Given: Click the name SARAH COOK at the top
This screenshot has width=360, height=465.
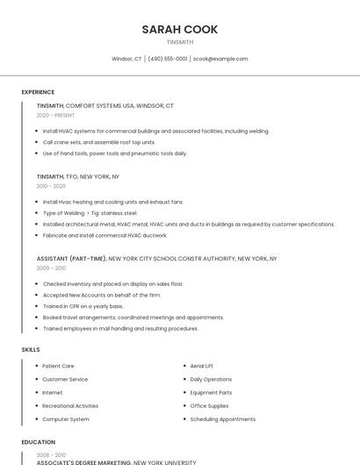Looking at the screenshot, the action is [x=180, y=29].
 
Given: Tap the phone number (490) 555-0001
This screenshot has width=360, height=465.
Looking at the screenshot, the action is [x=168, y=59].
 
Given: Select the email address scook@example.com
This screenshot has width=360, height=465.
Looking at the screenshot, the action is [x=220, y=59].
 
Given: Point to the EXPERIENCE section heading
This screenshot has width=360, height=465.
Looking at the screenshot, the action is [x=38, y=92].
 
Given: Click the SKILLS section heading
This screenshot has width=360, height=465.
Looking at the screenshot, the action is [x=31, y=349].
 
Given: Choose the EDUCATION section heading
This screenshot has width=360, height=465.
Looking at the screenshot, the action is [x=39, y=442].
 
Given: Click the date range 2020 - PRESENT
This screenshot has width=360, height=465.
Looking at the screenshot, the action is [x=55, y=115].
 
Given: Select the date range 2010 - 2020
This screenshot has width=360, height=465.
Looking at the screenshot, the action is [x=51, y=186].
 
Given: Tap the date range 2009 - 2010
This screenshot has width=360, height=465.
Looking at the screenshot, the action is [x=51, y=268].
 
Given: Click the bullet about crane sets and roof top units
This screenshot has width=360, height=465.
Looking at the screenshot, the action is [x=98, y=142].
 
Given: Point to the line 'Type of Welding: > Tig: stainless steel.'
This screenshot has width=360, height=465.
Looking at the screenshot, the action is [x=90, y=212].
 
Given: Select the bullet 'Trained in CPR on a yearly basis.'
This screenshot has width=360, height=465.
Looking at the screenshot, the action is [x=83, y=306].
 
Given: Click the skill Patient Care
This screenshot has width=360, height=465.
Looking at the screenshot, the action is [x=58, y=366].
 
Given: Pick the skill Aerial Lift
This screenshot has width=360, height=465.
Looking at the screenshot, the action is [x=202, y=366].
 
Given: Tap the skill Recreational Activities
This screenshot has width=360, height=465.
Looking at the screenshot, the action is [x=70, y=406].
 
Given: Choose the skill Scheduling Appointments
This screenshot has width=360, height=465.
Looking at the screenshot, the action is [x=223, y=419].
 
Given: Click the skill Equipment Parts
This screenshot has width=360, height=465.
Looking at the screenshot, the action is [x=211, y=392].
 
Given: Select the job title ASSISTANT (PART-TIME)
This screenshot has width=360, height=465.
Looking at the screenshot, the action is [x=71, y=259].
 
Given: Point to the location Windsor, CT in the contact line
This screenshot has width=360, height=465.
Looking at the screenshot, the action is [x=126, y=59].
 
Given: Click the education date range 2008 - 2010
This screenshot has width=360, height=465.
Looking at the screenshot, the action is [x=51, y=455].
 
